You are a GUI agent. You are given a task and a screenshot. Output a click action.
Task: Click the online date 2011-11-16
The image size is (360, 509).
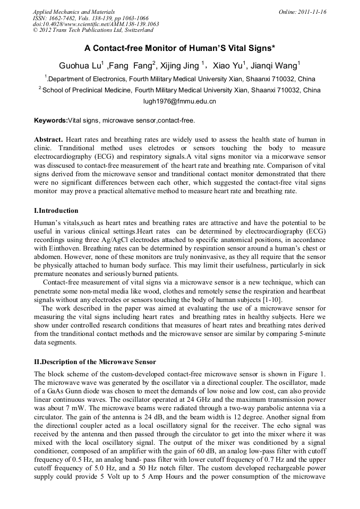click(x=310, y=12)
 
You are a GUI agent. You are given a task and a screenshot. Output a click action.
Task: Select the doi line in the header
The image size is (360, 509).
click(x=96, y=24)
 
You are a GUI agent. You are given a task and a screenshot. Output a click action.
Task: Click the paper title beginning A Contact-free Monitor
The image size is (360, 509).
click(x=179, y=48)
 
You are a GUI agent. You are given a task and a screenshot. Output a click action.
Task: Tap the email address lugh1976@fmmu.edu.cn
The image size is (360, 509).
click(x=179, y=101)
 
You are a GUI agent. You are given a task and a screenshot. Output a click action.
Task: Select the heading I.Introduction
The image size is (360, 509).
click(x=56, y=211)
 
